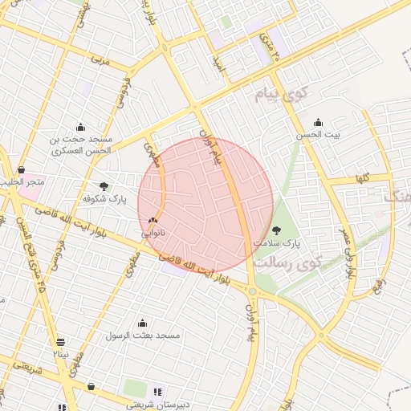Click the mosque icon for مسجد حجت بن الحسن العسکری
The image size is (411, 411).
[80, 127]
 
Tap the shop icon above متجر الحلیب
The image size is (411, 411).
[21, 169]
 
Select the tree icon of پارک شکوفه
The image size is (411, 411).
[104, 185]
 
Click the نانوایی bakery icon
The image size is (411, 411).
[153, 219]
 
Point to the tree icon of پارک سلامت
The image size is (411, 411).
[277, 230]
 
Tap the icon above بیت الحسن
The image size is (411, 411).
[319, 123]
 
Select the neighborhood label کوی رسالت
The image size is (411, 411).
[287, 262]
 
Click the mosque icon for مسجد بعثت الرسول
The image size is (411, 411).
[142, 323]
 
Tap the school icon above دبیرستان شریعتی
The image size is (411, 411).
[157, 392]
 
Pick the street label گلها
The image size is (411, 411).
[361, 179]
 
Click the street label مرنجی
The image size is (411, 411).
[98, 59]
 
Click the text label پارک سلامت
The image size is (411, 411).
[277, 242]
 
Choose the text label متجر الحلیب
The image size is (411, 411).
[24, 182]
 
